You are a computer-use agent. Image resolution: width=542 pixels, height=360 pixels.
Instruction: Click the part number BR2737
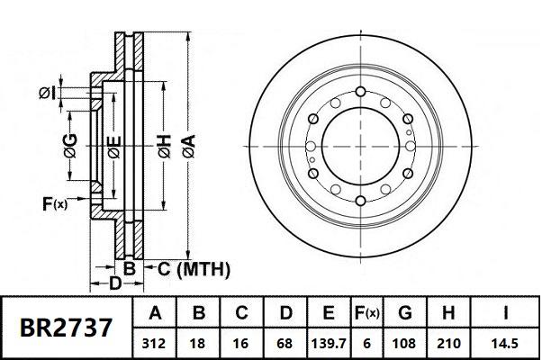coord(68,327)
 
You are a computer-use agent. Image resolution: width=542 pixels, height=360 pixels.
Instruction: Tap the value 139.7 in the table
coord(329,343)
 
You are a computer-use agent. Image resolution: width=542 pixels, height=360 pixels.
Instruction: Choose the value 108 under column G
coord(404,343)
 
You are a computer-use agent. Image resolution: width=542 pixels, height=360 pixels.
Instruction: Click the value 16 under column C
coord(242,343)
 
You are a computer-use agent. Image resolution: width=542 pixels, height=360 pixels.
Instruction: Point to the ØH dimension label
coord(163,145)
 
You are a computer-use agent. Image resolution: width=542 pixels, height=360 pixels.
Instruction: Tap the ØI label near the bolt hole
coord(48,92)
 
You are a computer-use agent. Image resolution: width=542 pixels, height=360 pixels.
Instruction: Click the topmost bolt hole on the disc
coord(357,91)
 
